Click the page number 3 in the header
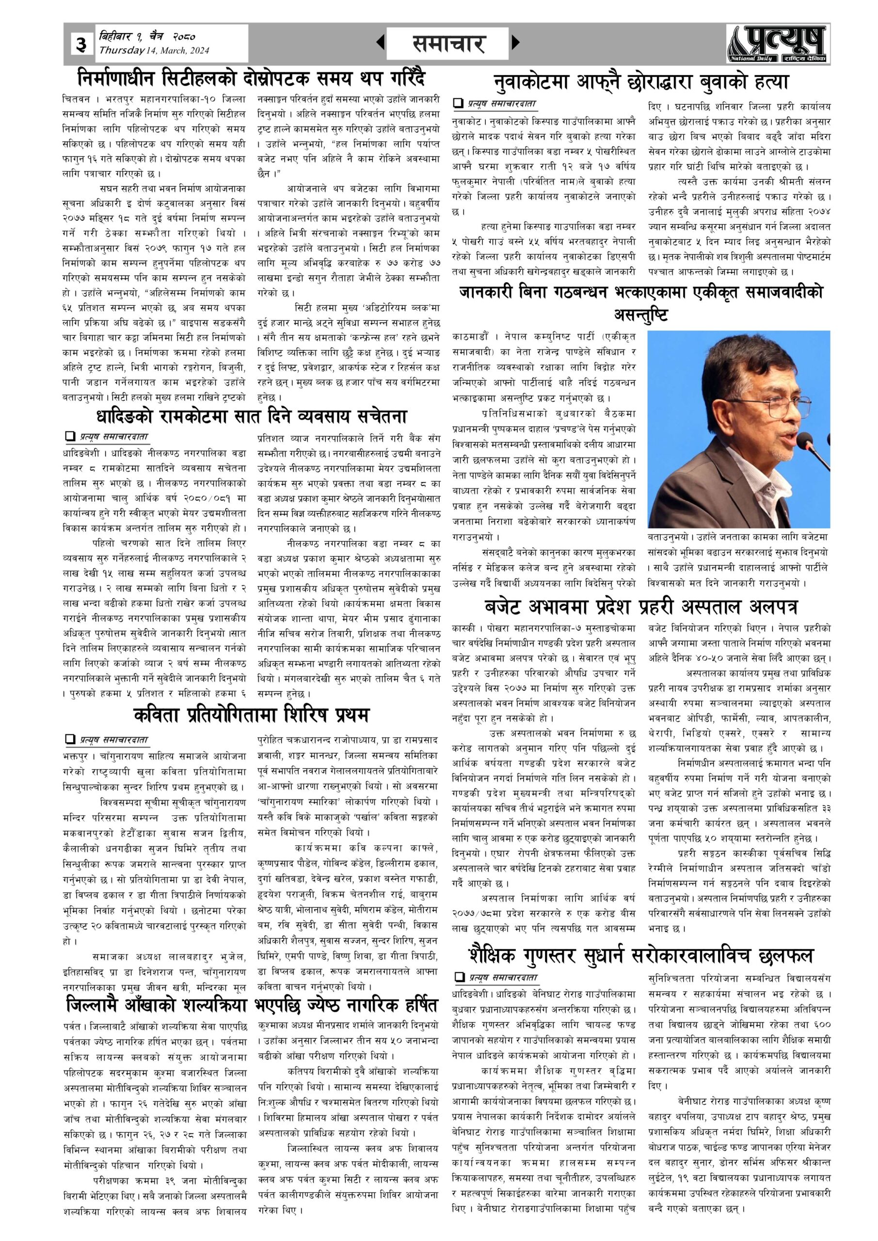[81, 44]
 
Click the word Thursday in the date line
[122, 51]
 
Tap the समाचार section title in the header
[447, 43]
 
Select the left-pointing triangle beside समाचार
[380, 42]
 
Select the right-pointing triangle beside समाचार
[515, 42]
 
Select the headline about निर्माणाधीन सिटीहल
[251, 79]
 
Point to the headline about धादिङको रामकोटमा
[251, 416]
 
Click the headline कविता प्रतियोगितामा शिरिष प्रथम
[251, 715]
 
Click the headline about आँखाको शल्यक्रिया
[251, 1005]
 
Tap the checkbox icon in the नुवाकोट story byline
[459, 103]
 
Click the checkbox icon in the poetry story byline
[69, 739]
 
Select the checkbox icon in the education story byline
[460, 977]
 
